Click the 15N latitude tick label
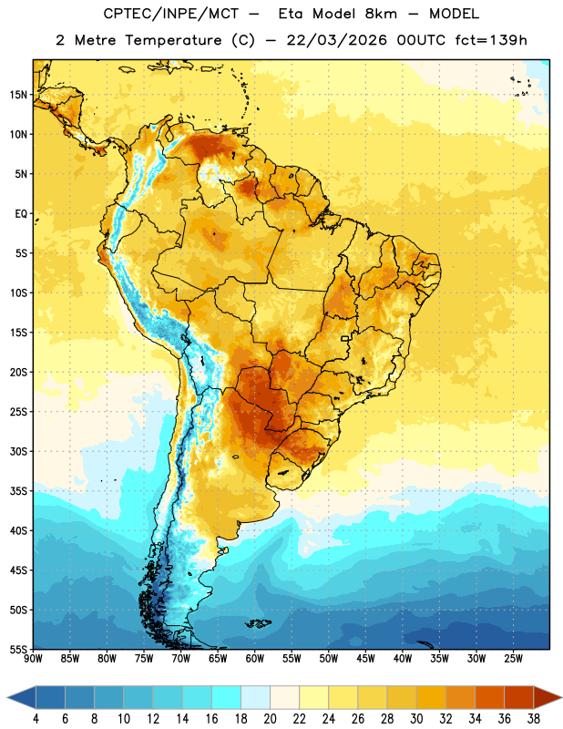[x=18, y=95]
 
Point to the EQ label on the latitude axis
[x=21, y=214]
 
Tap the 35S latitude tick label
[x=18, y=491]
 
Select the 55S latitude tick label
[x=18, y=649]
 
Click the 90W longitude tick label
[x=33, y=659]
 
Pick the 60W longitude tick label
[x=255, y=659]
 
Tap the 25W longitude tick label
[x=513, y=659]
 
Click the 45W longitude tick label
[x=365, y=659]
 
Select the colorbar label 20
[x=270, y=719]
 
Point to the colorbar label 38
[x=534, y=719]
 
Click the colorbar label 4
[x=36, y=719]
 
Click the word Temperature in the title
[x=173, y=40]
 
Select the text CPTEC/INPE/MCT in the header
[x=170, y=14]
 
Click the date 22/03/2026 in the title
[x=336, y=40]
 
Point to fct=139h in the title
[x=491, y=40]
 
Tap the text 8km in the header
[x=381, y=14]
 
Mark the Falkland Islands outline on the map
[x=259, y=623]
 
